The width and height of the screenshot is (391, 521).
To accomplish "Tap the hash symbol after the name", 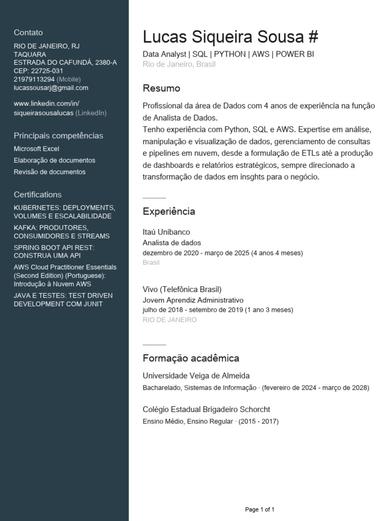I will [x=313, y=37].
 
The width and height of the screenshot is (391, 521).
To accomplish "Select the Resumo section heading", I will [x=161, y=89].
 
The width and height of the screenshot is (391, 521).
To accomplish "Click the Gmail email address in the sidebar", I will [x=51, y=88].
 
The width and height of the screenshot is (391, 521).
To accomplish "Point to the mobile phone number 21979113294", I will [x=34, y=79].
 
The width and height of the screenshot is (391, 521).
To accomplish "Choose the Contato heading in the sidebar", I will [x=29, y=33].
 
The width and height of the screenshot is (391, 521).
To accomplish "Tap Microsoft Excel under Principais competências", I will [x=37, y=149].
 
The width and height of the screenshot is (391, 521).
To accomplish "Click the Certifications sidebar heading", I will [x=38, y=194].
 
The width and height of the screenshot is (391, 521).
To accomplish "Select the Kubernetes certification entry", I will [x=64, y=212].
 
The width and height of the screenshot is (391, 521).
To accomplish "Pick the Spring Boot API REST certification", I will [x=54, y=251].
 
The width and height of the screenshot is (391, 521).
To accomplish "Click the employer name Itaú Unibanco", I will [x=166, y=232].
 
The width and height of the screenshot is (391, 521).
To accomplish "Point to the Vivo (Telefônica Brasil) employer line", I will [x=182, y=289].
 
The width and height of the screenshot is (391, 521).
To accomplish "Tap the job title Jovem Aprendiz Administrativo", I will [x=193, y=300].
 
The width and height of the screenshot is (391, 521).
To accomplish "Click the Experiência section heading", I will [x=169, y=211].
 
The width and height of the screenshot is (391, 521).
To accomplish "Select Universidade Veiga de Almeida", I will [x=196, y=376].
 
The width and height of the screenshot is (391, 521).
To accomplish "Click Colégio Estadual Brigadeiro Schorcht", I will [x=206, y=410].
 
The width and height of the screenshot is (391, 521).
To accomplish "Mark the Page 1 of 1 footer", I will [x=260, y=509].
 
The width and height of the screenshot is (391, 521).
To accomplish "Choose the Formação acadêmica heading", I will [x=191, y=358].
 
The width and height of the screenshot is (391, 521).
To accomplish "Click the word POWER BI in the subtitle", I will [x=295, y=54].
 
